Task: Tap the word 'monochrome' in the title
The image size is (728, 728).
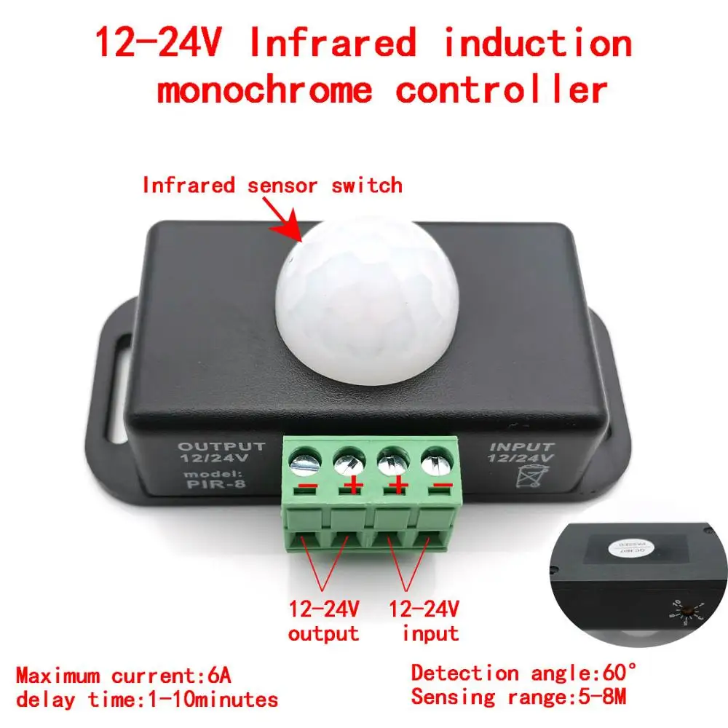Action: (264, 90)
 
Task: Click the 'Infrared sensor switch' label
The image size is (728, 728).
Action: (272, 185)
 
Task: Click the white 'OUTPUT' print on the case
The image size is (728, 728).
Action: (222, 446)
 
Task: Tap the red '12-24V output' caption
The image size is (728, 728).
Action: (323, 620)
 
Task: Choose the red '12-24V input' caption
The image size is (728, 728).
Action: (425, 620)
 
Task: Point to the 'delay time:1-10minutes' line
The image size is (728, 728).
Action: (147, 700)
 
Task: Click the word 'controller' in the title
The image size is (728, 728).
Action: (501, 90)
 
